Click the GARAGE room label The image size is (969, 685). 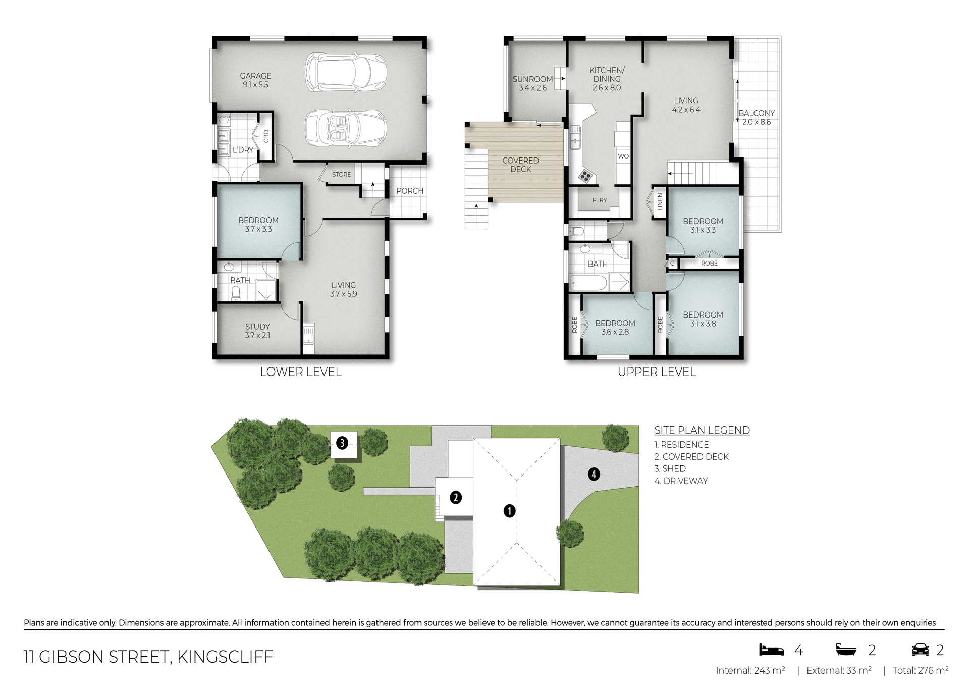[x=255, y=80]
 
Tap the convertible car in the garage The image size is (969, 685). [x=346, y=128]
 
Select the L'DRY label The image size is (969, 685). [x=243, y=150]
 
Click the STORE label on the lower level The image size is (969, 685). [x=341, y=174]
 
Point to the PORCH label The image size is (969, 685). [x=409, y=191]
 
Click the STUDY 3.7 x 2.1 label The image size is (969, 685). [x=257, y=331]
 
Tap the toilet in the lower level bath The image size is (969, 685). [x=236, y=293]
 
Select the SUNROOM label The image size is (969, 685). [x=532, y=83]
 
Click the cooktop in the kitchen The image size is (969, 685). [x=585, y=176]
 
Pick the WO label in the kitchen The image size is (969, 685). [x=623, y=156]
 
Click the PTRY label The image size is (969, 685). [x=600, y=200]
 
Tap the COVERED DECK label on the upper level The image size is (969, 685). [x=520, y=165]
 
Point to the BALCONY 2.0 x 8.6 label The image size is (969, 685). [x=756, y=117]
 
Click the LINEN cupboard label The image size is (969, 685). [x=660, y=202]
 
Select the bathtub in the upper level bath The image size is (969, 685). [x=588, y=283]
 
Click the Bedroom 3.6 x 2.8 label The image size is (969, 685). [x=615, y=327]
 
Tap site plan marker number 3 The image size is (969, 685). [x=342, y=443]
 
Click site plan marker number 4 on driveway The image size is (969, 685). [x=594, y=474]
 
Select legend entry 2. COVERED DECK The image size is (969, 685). [x=691, y=457]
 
